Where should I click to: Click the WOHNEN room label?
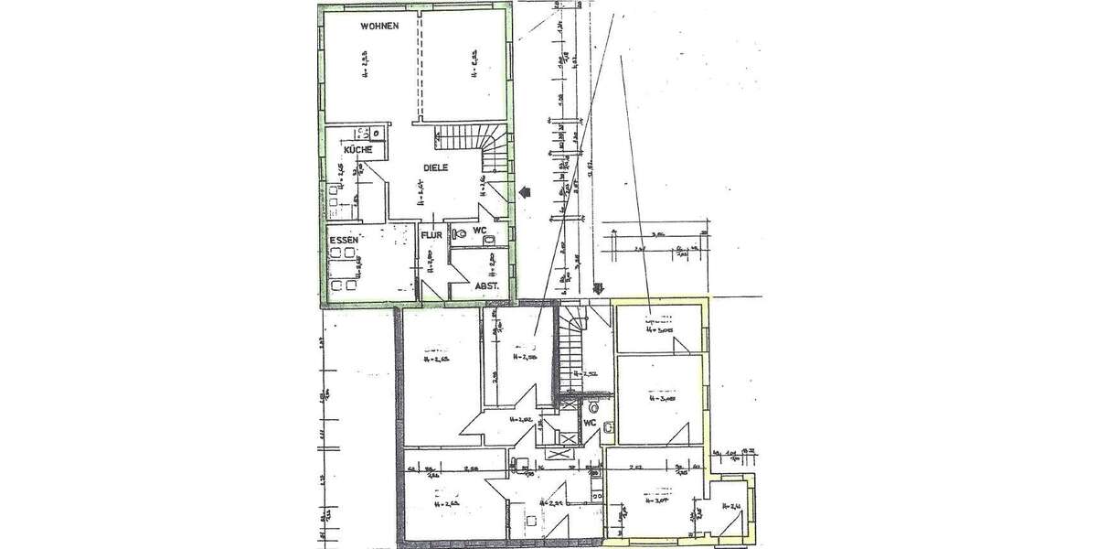(x=378, y=27)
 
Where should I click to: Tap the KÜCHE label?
(x=357, y=149)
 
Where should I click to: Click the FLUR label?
(x=431, y=235)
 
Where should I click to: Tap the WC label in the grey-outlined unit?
(x=590, y=423)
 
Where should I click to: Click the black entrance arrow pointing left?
(x=525, y=192)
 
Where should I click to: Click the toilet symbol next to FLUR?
(x=460, y=234)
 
